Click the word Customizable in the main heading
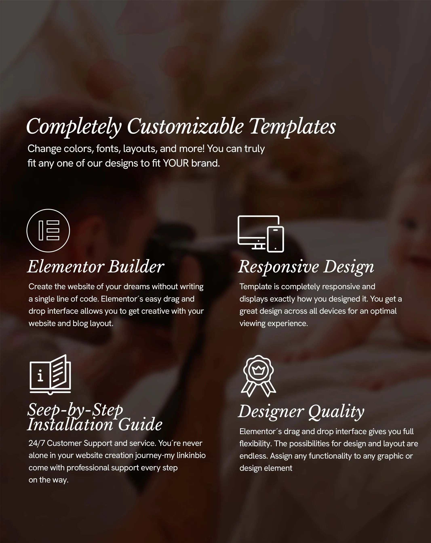pos(185,126)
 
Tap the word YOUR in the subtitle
pos(176,163)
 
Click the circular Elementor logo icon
pos(48,231)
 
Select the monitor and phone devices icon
pos(261,234)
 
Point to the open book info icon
pos(50,374)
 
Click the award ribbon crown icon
pos(258,376)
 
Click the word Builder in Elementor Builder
pos(136,267)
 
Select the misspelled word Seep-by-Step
pos(75,410)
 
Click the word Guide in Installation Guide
pos(140,425)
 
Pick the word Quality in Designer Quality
pos(336,412)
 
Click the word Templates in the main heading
pos(292,126)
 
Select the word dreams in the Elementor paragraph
pos(137,287)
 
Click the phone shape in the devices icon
pos(275,239)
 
